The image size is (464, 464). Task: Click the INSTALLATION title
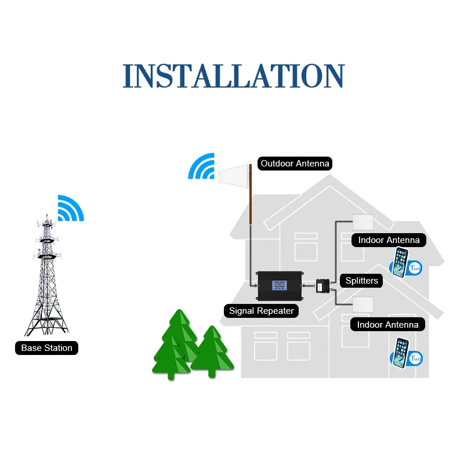[234, 77]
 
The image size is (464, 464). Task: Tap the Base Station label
[46, 348]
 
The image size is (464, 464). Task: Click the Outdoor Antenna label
[295, 164]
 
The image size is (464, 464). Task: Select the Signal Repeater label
[261, 311]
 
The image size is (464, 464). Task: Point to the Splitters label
[361, 281]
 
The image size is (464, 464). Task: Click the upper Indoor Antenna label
[389, 240]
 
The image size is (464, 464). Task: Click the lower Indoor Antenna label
[387, 325]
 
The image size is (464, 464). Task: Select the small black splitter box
[322, 286]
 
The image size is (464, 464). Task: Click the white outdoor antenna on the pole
[233, 172]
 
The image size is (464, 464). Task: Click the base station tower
[48, 278]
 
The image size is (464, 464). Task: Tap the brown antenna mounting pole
[251, 194]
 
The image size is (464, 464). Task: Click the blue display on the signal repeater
[279, 285]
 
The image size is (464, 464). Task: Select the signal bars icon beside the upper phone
[416, 268]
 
